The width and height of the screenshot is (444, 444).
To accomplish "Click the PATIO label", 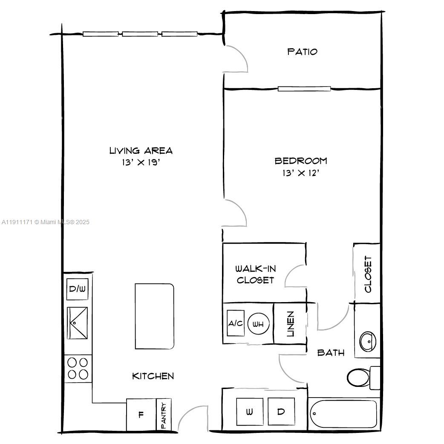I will [302, 52].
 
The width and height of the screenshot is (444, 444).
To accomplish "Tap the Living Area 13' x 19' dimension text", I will [141, 162].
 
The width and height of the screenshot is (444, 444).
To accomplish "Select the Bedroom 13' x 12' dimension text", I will [301, 173].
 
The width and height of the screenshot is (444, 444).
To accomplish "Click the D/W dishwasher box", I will [78, 289].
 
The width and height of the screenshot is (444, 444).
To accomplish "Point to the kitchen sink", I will [78, 323].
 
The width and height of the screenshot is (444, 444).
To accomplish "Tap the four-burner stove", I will [78, 368].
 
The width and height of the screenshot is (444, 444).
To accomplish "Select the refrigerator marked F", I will [141, 415].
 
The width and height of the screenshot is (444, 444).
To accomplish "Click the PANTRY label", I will [164, 415].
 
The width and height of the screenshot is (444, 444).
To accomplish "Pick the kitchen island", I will [154, 317].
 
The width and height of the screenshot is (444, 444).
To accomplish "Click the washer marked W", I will [249, 412].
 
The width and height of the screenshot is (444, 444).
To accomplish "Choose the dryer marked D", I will [281, 412].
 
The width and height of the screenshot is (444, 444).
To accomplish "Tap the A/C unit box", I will [235, 323].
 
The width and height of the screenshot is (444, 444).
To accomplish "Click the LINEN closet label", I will [291, 324].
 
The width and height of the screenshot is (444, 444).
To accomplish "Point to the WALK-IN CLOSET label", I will [256, 274].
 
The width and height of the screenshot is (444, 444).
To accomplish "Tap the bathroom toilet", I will [359, 377].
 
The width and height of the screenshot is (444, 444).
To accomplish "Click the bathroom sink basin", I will [367, 341].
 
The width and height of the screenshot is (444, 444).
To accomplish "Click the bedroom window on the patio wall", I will [304, 89].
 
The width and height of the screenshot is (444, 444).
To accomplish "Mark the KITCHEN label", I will [153, 376].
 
